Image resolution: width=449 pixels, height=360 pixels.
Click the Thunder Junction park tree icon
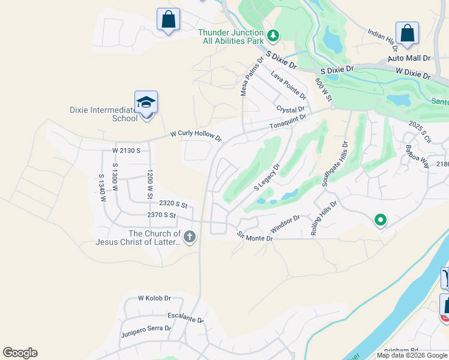tap(273, 36)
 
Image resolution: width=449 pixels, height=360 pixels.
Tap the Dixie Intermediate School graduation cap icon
tap(146, 103)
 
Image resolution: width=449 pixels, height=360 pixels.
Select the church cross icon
tap(189, 237)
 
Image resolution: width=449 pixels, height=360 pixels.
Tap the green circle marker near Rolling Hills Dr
tap(379, 220)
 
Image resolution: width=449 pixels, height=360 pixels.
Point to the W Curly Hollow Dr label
tap(196, 136)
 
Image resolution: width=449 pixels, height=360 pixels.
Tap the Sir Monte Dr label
tap(255, 236)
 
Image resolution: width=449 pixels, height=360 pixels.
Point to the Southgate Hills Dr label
tap(334, 164)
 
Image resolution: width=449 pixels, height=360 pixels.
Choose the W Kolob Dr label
tap(154, 298)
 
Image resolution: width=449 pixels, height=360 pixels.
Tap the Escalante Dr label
tap(185, 317)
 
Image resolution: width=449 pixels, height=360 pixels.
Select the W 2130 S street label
tap(126, 150)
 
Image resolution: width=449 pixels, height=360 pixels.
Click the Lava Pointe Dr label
tap(288, 85)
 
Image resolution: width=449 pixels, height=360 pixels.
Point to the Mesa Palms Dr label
tap(252, 76)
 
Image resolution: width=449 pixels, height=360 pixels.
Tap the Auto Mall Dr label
tap(409, 58)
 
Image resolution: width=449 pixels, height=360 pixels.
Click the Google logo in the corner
tap(20, 353)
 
